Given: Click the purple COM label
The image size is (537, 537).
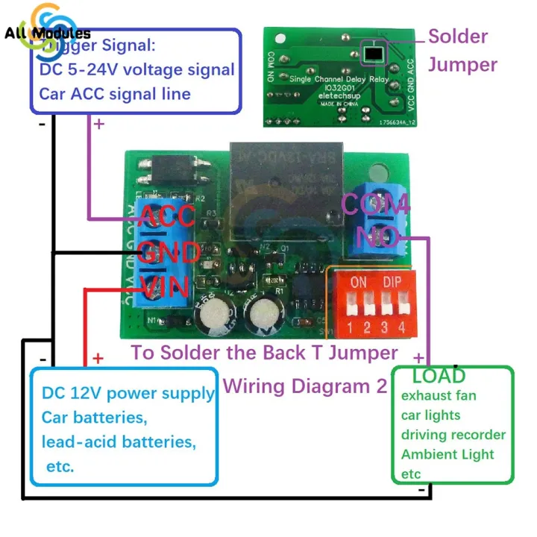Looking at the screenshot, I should tap(375, 205).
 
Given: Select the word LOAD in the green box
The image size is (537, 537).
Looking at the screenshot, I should tap(439, 375).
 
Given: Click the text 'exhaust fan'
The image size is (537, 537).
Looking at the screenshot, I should tap(439, 395).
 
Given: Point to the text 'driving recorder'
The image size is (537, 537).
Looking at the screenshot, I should tap(453, 434).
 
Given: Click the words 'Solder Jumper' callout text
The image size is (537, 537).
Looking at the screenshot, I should tap(462, 50).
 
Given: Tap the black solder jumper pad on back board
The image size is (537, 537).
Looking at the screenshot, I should tap(371, 52).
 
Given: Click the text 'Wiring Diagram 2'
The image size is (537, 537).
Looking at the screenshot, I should tap(305, 386).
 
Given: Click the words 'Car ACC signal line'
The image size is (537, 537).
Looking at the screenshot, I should tap(115, 94).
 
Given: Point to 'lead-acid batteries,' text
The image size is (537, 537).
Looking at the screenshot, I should tap(119, 442).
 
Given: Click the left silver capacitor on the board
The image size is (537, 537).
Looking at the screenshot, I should tap(213, 313).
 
